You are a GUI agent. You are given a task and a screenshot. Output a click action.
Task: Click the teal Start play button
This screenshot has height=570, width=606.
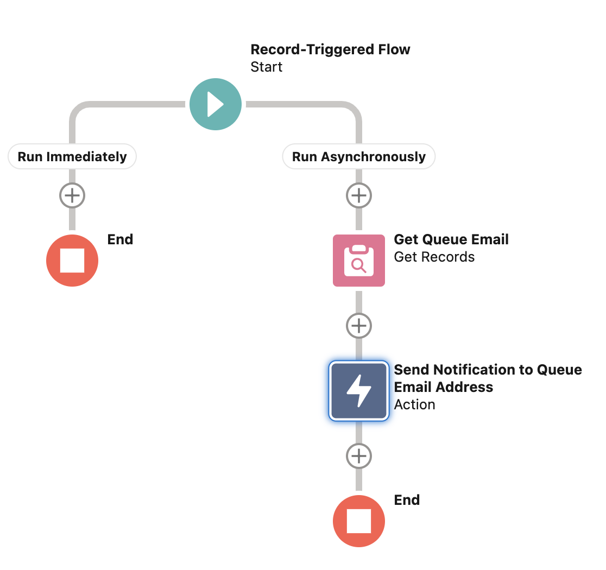click(216, 104)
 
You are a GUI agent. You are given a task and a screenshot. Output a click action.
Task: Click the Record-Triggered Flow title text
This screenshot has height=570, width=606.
click(330, 49)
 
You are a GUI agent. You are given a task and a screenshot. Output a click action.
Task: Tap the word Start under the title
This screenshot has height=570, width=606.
click(267, 67)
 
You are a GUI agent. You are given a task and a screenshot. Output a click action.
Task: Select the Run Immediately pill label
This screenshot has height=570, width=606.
click(72, 157)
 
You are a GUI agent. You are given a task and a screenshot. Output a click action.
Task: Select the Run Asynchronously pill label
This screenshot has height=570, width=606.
click(359, 157)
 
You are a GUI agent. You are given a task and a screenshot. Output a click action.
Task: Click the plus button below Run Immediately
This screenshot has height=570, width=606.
click(72, 195)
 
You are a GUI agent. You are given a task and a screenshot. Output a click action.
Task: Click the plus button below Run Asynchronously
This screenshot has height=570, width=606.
click(359, 195)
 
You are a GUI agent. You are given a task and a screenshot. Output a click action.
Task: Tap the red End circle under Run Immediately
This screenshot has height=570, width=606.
click(72, 261)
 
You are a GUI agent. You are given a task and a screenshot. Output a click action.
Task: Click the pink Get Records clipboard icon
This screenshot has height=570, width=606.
click(359, 261)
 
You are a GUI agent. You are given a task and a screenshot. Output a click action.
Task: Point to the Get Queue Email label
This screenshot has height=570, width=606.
click(451, 239)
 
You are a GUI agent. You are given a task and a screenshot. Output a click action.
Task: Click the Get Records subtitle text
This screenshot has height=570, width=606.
click(434, 257)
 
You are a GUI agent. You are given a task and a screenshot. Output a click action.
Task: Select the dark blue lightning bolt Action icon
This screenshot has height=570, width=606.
click(359, 391)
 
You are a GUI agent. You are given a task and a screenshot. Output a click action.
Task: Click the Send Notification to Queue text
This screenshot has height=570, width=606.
click(488, 370)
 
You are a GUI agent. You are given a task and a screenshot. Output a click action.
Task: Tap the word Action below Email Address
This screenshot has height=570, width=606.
click(414, 404)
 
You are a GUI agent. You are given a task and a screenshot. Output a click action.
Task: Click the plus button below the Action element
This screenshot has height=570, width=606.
click(359, 456)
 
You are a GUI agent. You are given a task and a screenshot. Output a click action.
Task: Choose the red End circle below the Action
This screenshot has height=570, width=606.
click(359, 521)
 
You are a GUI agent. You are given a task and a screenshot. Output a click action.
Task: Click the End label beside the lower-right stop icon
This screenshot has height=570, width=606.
click(407, 500)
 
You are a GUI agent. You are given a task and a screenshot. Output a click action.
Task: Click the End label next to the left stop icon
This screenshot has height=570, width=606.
click(120, 239)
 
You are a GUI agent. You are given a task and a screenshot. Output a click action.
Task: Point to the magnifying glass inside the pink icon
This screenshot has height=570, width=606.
click(358, 265)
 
